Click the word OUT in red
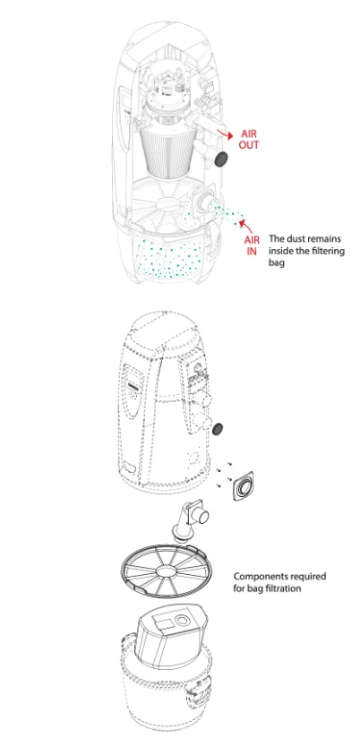[x=249, y=145]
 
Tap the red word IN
[x=252, y=251]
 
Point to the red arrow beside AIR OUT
[x=223, y=133]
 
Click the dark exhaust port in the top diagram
[x=220, y=159]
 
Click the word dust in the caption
[x=296, y=238]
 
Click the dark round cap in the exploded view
[x=219, y=429]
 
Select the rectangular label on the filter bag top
[x=162, y=622]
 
